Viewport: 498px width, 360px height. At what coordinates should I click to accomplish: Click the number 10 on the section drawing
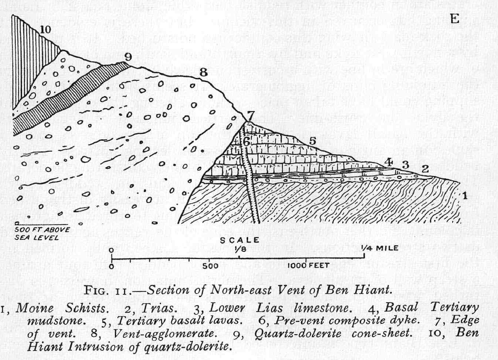tap(46, 30)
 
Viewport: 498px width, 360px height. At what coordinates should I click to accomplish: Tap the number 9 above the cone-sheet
tap(128, 57)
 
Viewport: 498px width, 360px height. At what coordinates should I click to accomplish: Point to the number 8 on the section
tap(203, 72)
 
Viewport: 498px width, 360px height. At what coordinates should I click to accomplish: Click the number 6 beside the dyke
tap(247, 141)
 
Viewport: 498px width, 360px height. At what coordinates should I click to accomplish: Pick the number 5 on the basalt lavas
tap(312, 141)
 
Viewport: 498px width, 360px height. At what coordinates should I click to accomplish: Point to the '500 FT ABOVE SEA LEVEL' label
tap(42, 233)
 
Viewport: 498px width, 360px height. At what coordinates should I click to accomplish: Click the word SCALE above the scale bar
tap(239, 240)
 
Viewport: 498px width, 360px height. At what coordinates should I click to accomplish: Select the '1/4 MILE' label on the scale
tap(380, 248)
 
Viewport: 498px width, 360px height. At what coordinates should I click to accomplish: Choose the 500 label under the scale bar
tap(210, 265)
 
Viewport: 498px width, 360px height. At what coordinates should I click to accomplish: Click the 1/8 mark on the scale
tap(239, 249)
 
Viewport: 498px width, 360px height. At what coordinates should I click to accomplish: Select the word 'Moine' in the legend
tap(35, 308)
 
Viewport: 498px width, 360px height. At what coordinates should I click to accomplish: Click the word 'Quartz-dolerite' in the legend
tap(298, 334)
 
